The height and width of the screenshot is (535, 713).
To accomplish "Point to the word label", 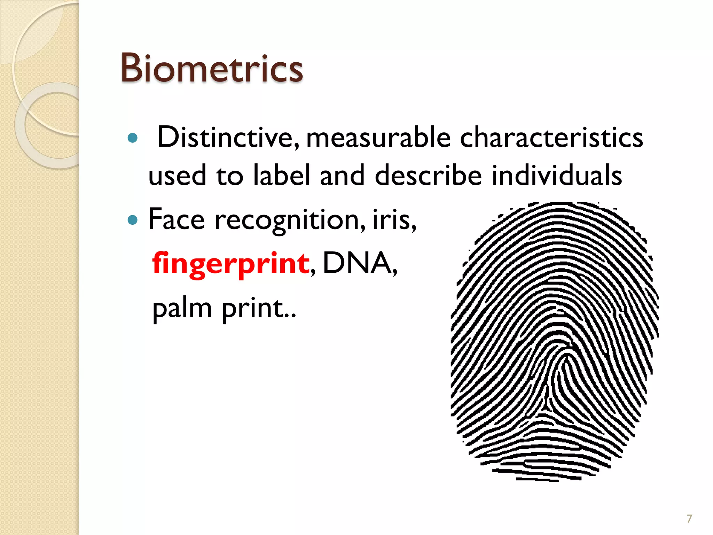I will (281, 175).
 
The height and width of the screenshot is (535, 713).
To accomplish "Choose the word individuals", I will (557, 175).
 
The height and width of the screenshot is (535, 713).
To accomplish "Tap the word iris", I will (393, 219).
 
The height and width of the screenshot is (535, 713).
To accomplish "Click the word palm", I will (182, 309).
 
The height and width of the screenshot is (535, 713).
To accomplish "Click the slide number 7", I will (689, 519).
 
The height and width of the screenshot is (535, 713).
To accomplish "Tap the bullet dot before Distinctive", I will (133, 138).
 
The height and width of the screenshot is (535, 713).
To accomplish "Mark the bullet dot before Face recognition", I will (133, 220).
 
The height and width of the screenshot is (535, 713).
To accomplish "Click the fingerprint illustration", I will (554, 341).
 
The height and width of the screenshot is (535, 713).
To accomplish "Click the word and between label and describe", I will (342, 175).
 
